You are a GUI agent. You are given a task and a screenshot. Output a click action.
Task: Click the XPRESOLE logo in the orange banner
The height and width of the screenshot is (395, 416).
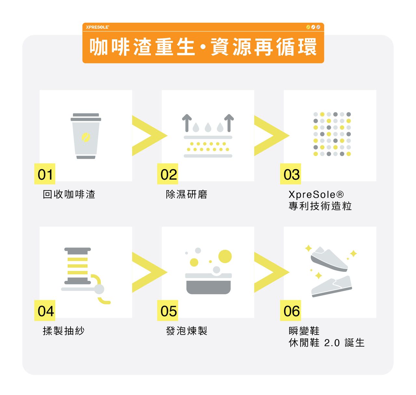click(x=97, y=27)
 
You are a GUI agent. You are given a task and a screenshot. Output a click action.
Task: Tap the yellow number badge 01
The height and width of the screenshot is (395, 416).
click(x=45, y=174)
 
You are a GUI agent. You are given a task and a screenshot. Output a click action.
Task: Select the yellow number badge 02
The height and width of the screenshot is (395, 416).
click(x=168, y=174)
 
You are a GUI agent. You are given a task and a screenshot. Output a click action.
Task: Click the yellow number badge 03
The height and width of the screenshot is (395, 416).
click(x=291, y=174)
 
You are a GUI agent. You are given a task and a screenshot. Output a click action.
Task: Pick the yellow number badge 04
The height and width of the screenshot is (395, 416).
click(x=45, y=310)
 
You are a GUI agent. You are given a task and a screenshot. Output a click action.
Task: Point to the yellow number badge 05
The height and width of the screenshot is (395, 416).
click(x=168, y=310)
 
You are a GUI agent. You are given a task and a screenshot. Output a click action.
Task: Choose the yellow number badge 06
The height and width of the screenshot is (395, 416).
click(x=291, y=310)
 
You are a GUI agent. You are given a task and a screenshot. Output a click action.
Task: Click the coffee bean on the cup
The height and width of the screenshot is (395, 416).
click(x=86, y=137)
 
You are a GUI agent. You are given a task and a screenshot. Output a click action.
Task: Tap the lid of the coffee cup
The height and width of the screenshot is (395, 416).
click(x=86, y=117)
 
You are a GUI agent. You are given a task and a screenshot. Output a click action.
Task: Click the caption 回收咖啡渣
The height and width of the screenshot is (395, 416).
click(x=69, y=194)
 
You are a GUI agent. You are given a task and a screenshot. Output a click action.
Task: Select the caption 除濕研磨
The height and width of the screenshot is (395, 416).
click(x=187, y=194)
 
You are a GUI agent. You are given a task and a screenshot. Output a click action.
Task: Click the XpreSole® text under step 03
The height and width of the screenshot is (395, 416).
click(x=316, y=194)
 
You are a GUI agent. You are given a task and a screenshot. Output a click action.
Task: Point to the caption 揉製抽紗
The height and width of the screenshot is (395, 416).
click(x=64, y=331)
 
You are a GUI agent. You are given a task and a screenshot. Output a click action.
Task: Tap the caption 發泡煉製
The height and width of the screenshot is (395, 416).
click(x=187, y=331)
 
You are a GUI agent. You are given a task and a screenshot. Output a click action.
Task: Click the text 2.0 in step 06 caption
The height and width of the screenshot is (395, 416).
click(x=332, y=343)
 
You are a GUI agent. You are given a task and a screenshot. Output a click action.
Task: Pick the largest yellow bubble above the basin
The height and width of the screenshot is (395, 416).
click(x=225, y=256)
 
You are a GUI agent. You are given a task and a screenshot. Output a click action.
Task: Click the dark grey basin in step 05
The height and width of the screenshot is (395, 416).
click(x=208, y=287)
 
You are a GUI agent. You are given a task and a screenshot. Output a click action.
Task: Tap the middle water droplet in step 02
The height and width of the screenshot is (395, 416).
click(x=208, y=127)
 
